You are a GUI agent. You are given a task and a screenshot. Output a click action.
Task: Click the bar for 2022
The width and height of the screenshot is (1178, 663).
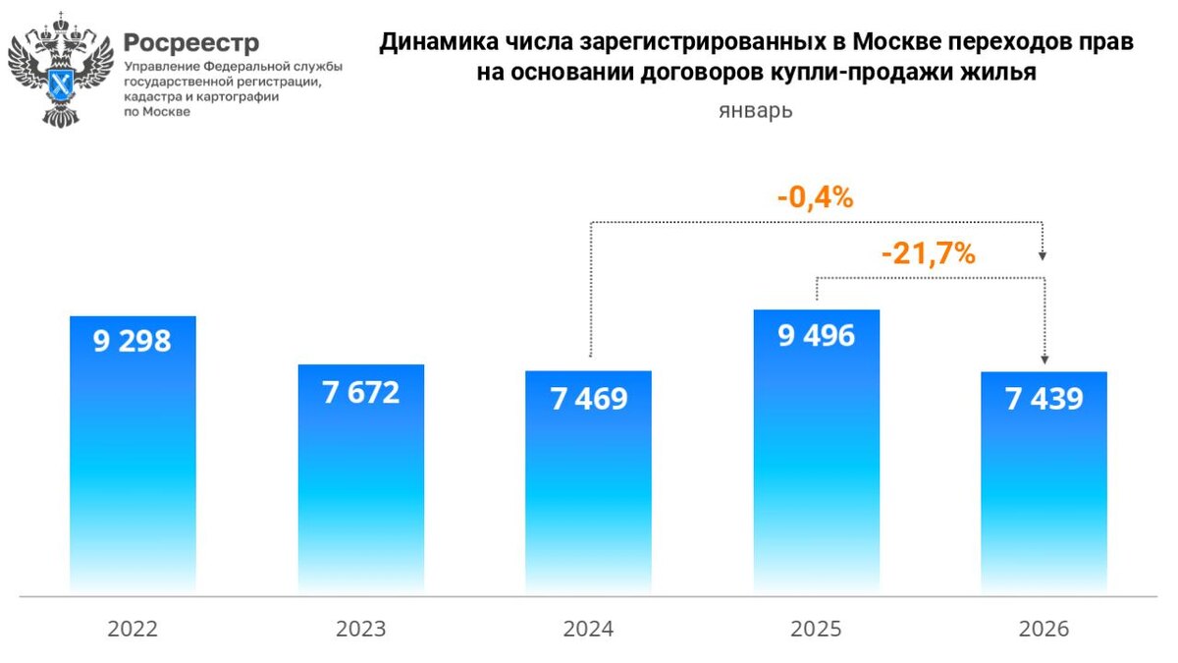tap(133, 462)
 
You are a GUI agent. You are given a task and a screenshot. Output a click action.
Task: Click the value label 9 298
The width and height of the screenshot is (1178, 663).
tap(133, 342)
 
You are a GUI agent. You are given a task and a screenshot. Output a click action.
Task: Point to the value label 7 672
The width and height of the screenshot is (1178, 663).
tap(360, 393)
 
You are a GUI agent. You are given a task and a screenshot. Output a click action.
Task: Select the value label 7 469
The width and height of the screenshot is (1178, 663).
tap(588, 400)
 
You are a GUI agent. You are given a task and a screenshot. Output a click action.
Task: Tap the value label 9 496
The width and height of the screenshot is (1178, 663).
tap(816, 336)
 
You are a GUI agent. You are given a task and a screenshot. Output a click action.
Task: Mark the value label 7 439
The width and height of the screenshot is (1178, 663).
tap(1044, 400)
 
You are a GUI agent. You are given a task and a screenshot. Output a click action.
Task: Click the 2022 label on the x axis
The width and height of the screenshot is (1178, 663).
tap(133, 629)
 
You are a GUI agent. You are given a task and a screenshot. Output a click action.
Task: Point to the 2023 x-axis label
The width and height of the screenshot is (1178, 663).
tap(360, 629)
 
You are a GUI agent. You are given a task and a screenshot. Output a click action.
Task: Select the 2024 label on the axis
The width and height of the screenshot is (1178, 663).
tap(588, 629)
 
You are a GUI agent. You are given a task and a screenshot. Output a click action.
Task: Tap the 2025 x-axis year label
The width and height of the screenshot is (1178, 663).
tap(816, 629)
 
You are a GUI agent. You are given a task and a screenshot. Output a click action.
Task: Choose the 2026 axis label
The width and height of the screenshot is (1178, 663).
tap(1044, 629)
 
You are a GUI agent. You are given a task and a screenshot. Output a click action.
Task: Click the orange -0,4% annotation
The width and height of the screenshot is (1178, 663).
tap(815, 198)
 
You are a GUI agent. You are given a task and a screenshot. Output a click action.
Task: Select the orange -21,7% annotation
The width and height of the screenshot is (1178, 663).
tap(928, 254)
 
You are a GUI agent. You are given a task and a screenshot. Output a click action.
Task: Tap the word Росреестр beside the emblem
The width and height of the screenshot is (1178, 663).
tap(192, 43)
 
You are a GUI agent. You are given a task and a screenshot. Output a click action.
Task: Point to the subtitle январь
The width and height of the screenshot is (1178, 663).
tap(755, 111)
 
